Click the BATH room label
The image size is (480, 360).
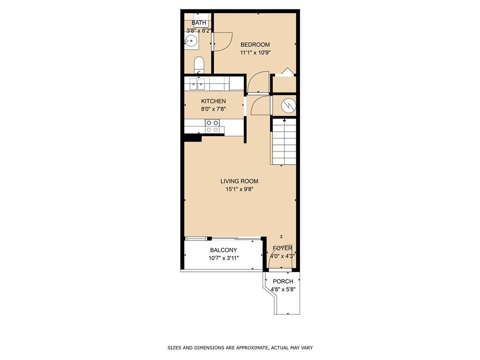(199, 22)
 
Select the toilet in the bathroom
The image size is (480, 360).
(199, 65)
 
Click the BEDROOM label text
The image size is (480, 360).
(255, 45)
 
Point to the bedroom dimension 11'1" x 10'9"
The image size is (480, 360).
(255, 52)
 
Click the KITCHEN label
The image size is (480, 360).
(213, 101)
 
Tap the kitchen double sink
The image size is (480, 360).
(197, 84)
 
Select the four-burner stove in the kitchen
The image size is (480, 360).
(212, 126)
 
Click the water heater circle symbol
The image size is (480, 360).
(288, 106)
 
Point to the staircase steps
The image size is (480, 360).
(284, 141)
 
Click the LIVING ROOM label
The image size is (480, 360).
(239, 181)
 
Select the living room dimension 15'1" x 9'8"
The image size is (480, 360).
(239, 189)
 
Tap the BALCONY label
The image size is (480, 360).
(223, 250)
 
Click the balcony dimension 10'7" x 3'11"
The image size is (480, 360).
(223, 258)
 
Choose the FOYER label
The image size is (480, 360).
(283, 248)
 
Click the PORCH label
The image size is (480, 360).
(283, 281)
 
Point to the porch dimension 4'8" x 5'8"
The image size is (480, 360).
(283, 289)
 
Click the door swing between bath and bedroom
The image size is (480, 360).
(222, 41)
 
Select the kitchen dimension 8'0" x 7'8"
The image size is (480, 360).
(213, 109)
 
